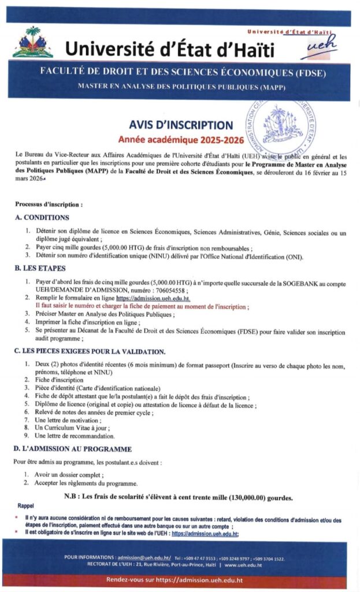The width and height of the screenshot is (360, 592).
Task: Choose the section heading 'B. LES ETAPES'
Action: pos(40,268)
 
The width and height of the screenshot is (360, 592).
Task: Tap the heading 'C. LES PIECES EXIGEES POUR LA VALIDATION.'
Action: pos(90,351)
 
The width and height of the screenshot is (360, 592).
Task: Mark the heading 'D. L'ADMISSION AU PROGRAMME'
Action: pos(73,449)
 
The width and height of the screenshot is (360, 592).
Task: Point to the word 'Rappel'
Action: pos(27,505)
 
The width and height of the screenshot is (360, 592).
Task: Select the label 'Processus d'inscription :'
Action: pos(49,204)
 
